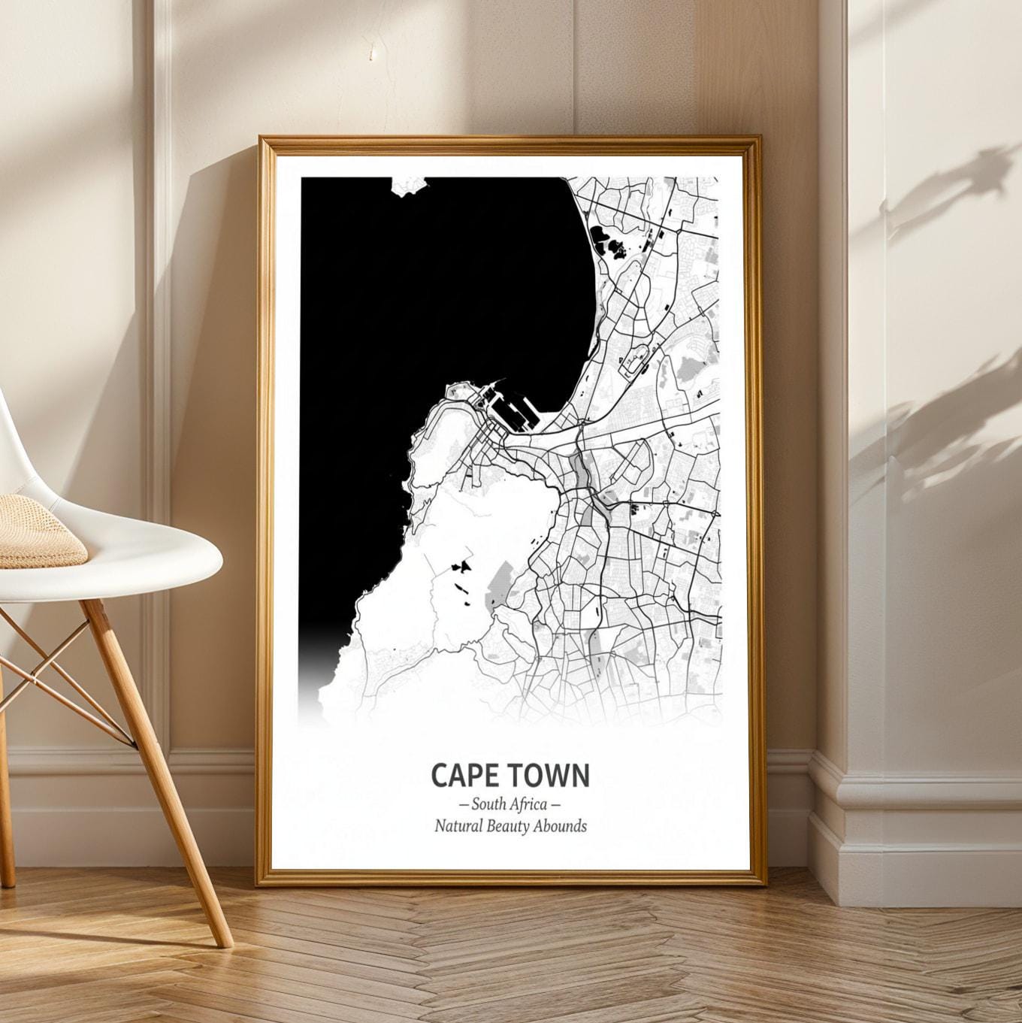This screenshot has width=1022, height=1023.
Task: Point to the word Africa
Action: point(529,804)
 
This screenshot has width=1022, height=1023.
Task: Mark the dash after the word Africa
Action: point(556,805)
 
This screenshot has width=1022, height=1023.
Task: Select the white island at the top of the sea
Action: point(410,186)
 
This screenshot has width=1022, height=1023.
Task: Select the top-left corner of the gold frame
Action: point(261,139)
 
